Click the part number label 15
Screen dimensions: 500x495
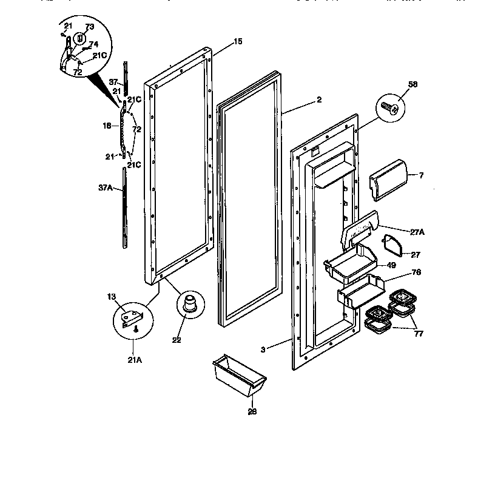pos(238,41)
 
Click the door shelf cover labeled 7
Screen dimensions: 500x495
pos(388,178)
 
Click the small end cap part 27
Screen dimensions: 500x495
pos(394,246)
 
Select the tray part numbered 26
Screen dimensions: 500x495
pos(239,377)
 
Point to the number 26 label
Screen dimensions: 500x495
pos(252,411)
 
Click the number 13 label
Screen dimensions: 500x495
pos(112,297)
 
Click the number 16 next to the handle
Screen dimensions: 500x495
pos(107,126)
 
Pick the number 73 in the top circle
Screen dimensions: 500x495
pos(89,27)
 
